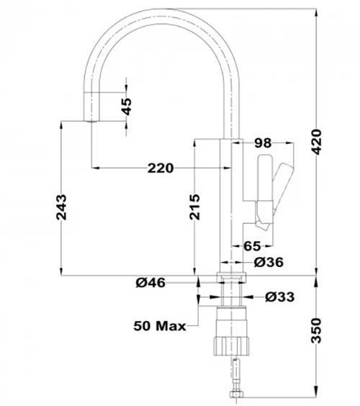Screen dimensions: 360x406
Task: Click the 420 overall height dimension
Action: (317, 142)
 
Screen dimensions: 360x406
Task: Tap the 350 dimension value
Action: (316, 330)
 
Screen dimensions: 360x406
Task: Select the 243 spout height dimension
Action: (61, 207)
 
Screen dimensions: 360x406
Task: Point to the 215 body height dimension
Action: (195, 207)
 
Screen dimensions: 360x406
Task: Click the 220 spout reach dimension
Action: (161, 168)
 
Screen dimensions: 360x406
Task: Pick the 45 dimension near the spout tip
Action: (127, 107)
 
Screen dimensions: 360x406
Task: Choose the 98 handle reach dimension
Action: (263, 143)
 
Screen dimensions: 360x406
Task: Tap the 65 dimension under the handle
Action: (252, 246)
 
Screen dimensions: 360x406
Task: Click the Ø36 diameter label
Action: (269, 262)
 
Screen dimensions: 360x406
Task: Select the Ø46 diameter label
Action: (150, 282)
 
